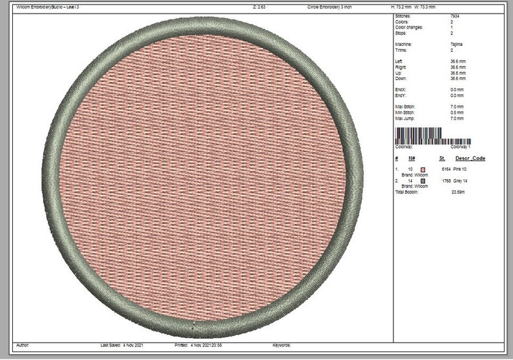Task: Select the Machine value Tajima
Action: point(455,44)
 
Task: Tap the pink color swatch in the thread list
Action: point(424,169)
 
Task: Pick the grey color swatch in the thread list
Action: point(424,181)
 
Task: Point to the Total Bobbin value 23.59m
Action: point(459,192)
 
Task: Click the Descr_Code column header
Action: point(470,158)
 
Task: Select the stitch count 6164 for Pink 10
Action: point(445,169)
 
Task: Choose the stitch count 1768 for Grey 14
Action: point(446,181)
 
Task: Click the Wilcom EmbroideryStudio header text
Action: point(47,6)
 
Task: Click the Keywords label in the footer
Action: point(283,345)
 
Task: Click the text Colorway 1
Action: point(459,147)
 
